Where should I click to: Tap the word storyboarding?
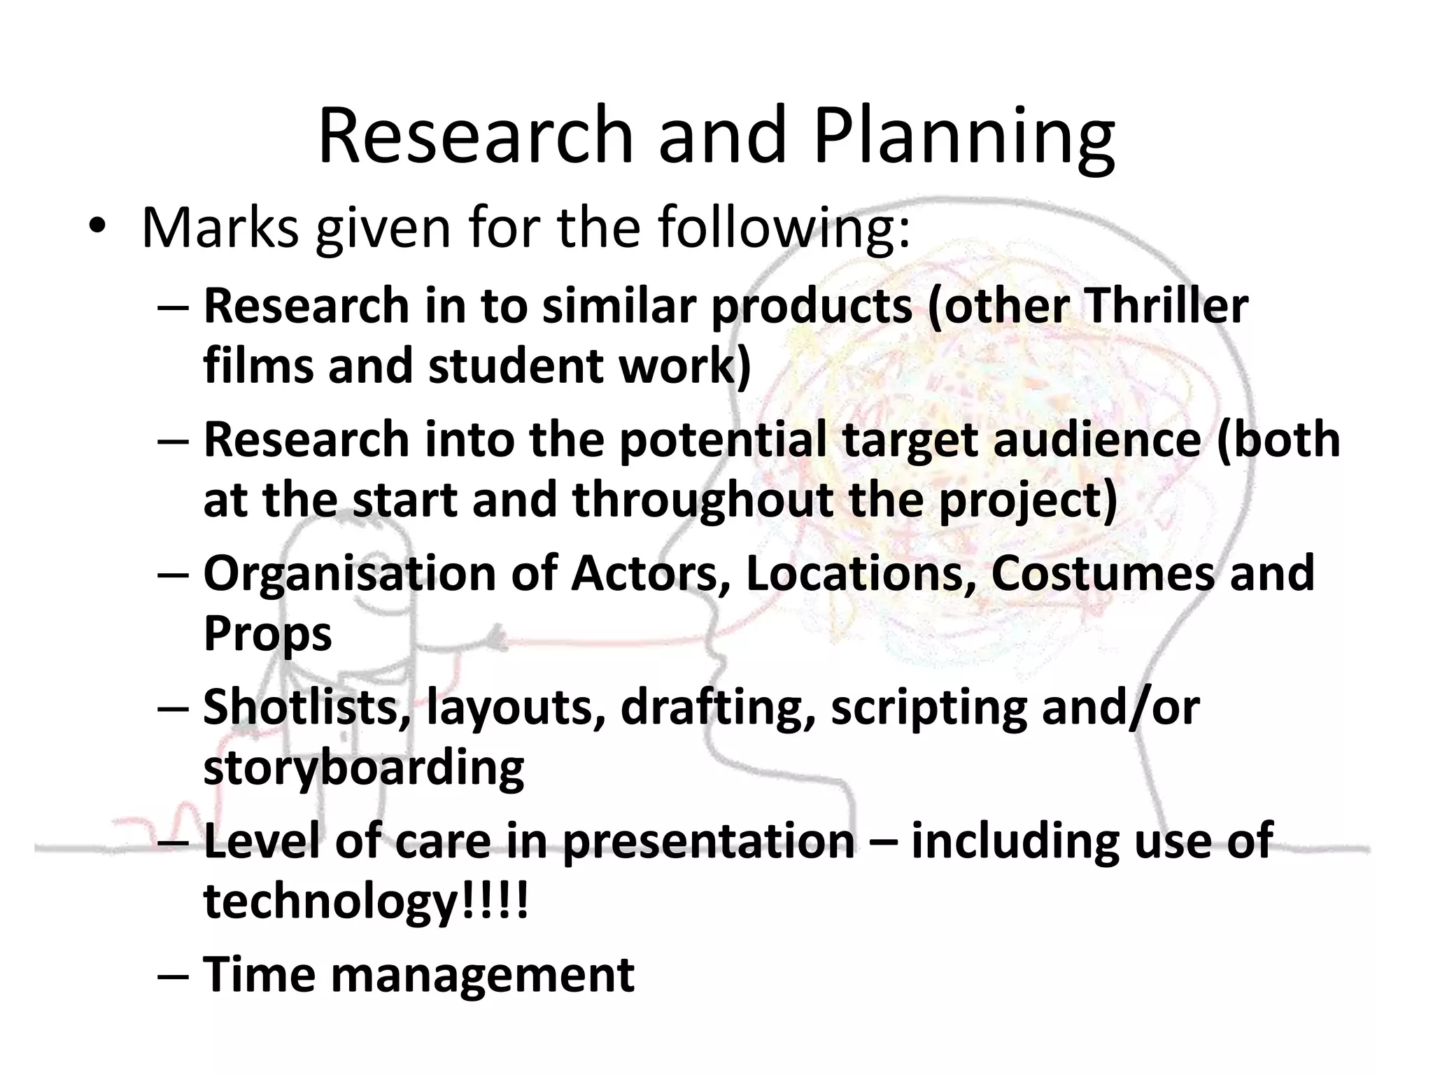pos(363,768)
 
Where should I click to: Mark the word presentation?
pos(709,841)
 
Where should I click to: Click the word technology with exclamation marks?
pos(365,901)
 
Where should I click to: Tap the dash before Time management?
pos(173,976)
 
